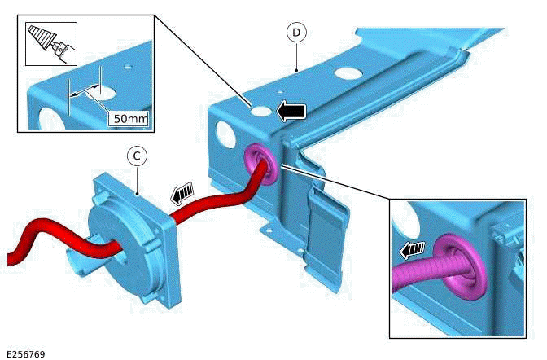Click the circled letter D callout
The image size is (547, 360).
(296, 32)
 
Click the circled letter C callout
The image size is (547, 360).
(138, 155)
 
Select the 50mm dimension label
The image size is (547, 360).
(130, 119)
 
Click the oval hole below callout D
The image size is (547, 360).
(348, 72)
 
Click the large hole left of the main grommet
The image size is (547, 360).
(224, 133)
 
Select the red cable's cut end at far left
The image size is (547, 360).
(11, 259)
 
